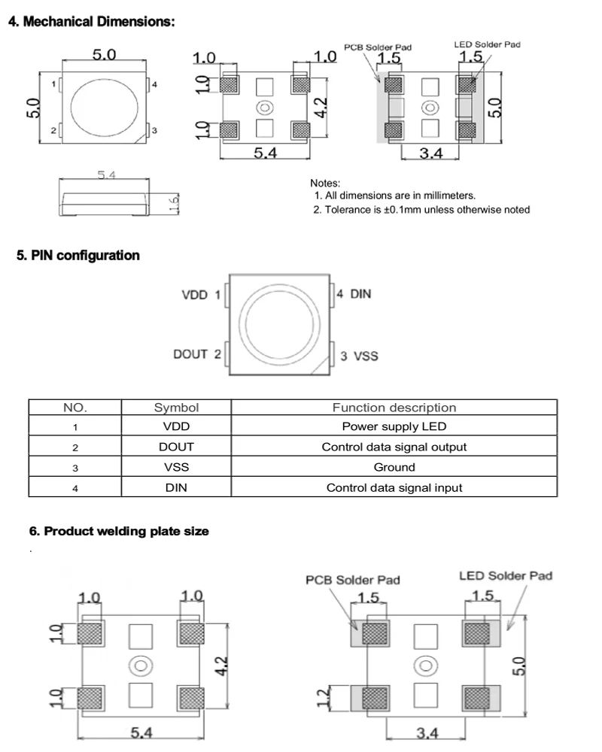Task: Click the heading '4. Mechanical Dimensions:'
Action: pos(91,21)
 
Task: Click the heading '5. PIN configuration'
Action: pos(78,256)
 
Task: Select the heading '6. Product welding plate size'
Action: pos(119,531)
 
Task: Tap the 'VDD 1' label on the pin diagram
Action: pos(202,295)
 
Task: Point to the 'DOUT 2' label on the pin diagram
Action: pos(197,353)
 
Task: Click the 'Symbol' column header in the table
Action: pos(176,408)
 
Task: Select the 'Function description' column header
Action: pos(394,408)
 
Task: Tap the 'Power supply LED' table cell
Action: pos(394,426)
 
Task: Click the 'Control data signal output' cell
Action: pos(394,447)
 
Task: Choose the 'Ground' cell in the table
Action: pos(394,467)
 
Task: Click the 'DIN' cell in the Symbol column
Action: pos(176,487)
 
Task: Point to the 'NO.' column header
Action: pos(75,408)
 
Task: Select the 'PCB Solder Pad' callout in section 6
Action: pos(352,580)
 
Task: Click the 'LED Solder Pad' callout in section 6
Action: pos(506,576)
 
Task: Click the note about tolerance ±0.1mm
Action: pos(421,210)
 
